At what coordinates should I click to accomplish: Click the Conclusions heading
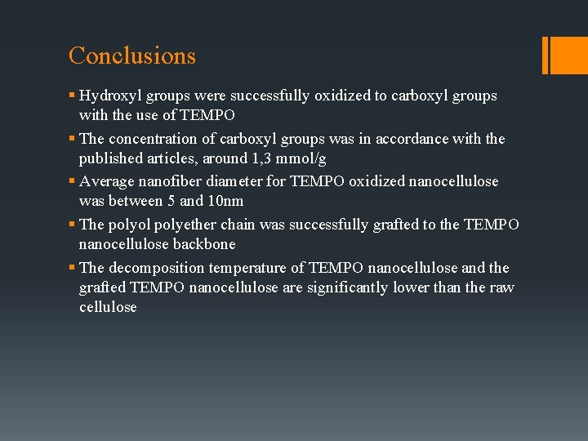point(132,56)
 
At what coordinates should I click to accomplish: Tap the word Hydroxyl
point(110,96)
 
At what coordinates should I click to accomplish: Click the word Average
point(109,181)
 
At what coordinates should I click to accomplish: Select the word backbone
point(204,244)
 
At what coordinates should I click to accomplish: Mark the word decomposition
point(157,268)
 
